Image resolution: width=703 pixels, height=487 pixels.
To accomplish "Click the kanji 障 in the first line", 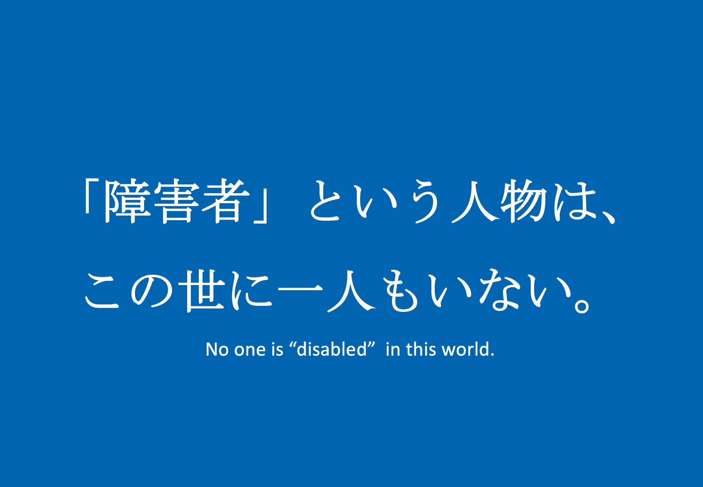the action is [x=127, y=201].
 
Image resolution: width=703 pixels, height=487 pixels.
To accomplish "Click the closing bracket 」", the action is [x=261, y=206].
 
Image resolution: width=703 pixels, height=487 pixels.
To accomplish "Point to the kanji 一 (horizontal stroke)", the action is [x=300, y=289].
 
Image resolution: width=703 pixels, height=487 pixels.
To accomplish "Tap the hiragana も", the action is [x=400, y=291].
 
